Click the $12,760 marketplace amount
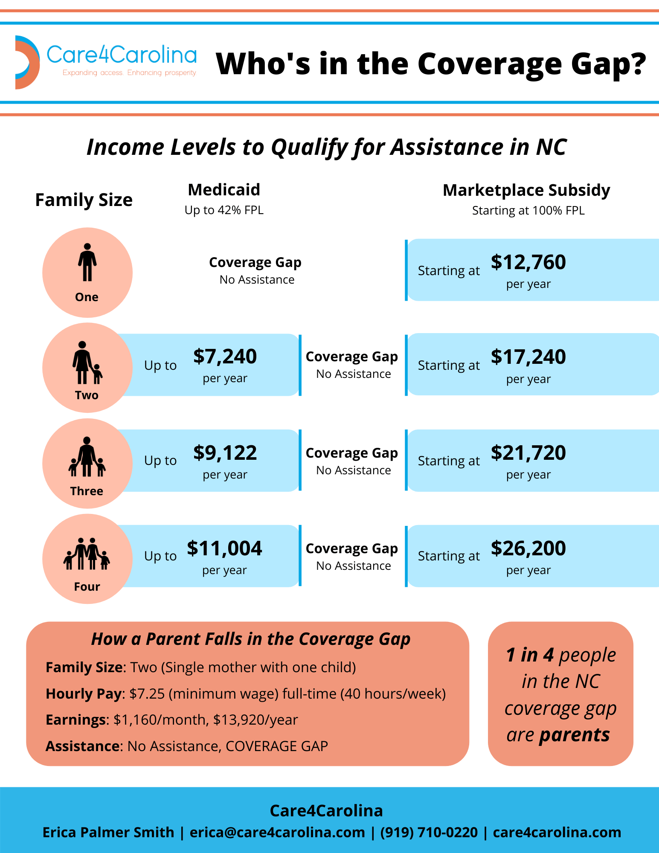point(528,262)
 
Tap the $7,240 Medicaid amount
point(225,357)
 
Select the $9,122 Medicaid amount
point(225,453)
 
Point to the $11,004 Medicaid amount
point(224,548)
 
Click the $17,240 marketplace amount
point(528,357)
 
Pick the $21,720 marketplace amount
point(528,453)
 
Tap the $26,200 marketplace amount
point(528,548)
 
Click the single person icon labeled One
point(87,262)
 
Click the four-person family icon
point(87,554)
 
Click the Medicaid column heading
point(224,190)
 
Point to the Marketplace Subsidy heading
point(526,190)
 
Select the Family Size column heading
point(84,200)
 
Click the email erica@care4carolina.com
point(277,832)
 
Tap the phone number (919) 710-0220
point(429,832)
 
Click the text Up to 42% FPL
point(224,210)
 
